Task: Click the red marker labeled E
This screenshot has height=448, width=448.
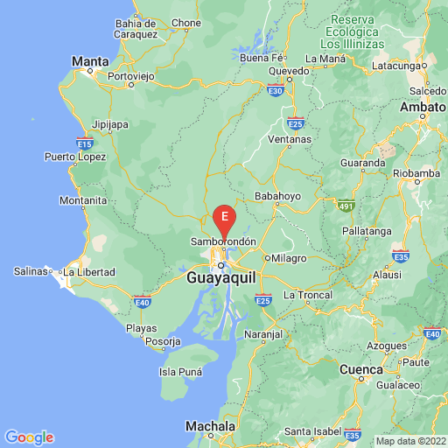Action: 226,216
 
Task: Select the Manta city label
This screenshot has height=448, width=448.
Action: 91,61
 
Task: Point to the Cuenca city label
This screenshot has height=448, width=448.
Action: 362,369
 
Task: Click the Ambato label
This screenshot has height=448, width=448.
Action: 423,107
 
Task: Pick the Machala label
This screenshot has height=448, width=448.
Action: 210,426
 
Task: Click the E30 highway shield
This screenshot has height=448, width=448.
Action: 276,89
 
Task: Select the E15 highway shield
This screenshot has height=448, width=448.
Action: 85,142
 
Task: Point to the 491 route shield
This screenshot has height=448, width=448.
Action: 346,206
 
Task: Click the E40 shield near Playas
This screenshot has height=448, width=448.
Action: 142,303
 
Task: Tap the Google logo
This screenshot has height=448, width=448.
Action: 29,437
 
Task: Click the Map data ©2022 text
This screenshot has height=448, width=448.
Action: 410,440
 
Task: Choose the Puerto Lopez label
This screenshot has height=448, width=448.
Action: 75,157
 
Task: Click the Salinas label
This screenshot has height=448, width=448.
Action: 30,271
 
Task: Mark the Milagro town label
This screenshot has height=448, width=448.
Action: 290,258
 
